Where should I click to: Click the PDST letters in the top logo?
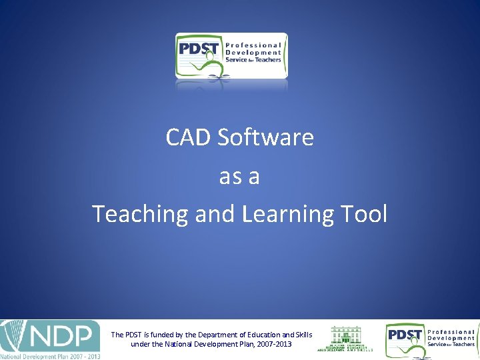(198, 51)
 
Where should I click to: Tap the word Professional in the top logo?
(254, 45)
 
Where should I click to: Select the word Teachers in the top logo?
(267, 59)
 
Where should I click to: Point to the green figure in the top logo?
(214, 67)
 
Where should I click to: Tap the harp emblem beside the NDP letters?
(13, 337)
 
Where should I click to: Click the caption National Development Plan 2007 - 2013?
(50, 356)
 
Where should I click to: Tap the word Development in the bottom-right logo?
(451, 338)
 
